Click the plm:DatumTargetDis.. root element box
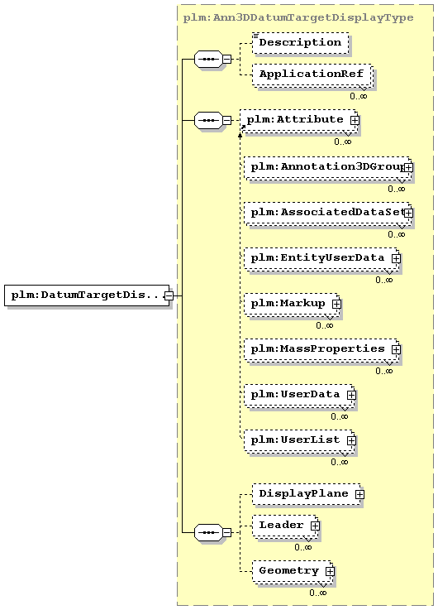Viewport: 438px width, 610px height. [87, 295]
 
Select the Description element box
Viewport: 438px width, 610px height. [300, 43]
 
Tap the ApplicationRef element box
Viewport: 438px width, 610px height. [312, 74]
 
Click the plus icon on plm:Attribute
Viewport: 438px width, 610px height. [355, 120]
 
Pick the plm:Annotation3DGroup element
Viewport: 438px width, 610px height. [328, 168]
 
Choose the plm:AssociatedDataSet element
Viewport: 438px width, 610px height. [328, 214]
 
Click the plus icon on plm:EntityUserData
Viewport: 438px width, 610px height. [396, 258]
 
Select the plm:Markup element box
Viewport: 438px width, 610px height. [292, 304]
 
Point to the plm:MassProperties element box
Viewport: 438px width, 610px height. [322, 349]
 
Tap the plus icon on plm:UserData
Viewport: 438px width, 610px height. [351, 395]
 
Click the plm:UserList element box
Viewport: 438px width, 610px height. [299, 440]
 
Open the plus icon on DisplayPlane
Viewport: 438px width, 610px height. [360, 494]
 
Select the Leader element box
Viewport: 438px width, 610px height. [285, 526]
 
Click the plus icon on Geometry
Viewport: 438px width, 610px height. [330, 571]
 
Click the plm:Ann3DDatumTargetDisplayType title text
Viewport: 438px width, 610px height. [298, 17]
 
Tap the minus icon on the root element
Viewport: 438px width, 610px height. [169, 295]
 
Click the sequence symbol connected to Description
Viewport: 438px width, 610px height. [208, 59]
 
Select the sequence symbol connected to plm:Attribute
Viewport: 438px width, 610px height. [208, 120]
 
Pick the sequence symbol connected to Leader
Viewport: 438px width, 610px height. [208, 532]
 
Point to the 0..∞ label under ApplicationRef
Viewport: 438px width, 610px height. [358, 96]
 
